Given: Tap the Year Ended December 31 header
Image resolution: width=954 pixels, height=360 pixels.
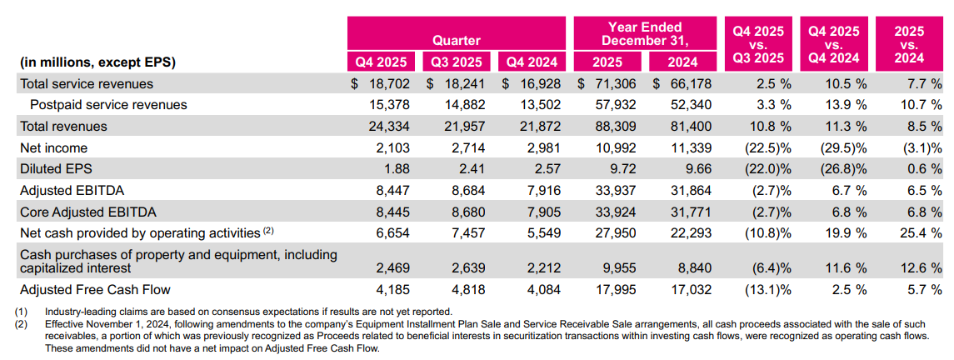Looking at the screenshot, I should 644,33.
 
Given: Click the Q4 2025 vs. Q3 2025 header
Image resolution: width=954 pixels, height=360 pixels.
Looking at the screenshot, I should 757,44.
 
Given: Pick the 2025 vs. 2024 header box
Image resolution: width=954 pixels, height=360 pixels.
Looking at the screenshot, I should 909,44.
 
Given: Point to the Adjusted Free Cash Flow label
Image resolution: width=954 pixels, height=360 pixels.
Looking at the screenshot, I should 95,290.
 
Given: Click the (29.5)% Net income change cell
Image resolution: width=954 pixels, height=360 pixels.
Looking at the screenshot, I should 839,148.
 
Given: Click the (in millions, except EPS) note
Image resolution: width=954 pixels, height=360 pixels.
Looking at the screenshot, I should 97,62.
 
